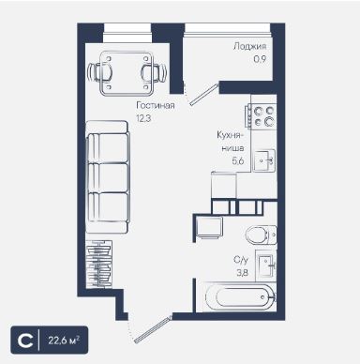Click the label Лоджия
[249, 46]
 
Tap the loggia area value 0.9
[260, 59]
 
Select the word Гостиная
[156, 105]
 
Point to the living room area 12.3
[143, 118]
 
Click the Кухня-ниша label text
[231, 142]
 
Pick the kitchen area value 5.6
[238, 161]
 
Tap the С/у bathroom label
[241, 260]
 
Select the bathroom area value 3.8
[242, 273]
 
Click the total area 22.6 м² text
[64, 340]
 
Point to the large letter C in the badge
[25, 341]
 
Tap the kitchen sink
[264, 160]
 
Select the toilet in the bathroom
[261, 235]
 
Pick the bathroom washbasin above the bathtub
[265, 265]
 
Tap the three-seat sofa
[107, 177]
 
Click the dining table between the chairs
[127, 73]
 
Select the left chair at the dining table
[100, 72]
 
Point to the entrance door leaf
[153, 330]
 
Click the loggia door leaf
[203, 95]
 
